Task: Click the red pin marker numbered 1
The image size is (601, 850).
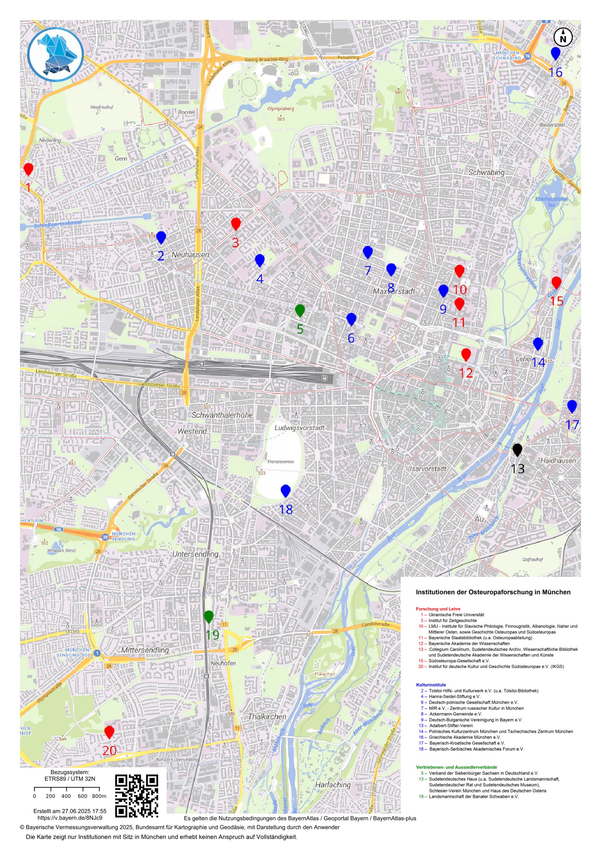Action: (x=28, y=169)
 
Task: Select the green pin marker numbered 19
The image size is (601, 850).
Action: (x=208, y=616)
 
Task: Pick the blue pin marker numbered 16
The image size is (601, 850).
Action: (x=555, y=53)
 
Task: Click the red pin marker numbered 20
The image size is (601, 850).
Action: (x=109, y=732)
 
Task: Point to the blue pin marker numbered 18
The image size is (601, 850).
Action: (x=285, y=491)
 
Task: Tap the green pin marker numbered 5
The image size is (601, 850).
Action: (x=299, y=310)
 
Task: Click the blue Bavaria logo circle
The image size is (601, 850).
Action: (x=55, y=55)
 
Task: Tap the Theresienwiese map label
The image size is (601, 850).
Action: (x=281, y=462)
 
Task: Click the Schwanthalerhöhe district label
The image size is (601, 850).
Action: (x=222, y=415)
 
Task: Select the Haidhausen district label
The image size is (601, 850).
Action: (x=558, y=461)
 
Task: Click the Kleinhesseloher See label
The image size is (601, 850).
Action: (x=551, y=202)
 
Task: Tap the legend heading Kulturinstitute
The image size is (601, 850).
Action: (x=431, y=685)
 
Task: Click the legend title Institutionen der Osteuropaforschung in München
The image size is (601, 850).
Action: (x=493, y=592)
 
